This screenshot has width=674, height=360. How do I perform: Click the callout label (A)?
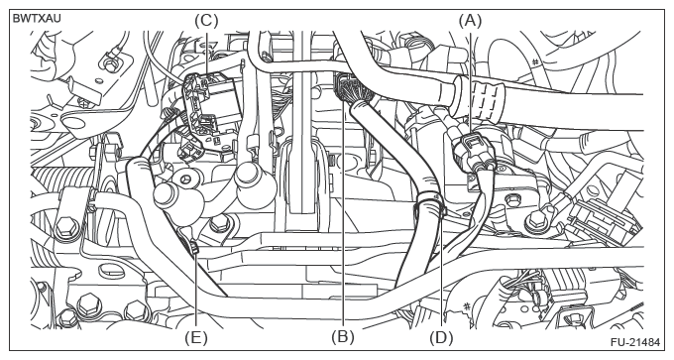tap(470, 20)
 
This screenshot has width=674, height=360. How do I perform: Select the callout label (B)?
tap(343, 337)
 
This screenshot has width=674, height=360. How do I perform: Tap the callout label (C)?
tap(206, 20)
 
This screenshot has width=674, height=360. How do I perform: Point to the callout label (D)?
tap(441, 337)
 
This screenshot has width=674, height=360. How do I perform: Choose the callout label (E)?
tap(196, 337)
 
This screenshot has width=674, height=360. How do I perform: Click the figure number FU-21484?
tap(634, 343)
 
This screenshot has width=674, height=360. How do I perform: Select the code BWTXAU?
tap(37, 19)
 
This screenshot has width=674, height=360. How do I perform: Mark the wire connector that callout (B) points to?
tap(348, 88)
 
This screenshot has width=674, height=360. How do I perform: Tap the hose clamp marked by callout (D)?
tap(431, 204)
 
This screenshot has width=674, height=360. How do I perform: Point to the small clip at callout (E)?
tap(194, 247)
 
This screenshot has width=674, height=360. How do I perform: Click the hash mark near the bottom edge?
tap(466, 306)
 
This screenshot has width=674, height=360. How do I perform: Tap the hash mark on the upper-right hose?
tap(535, 62)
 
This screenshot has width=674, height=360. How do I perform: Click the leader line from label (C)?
tap(206, 53)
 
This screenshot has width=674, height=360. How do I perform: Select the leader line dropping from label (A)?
tap(471, 82)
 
